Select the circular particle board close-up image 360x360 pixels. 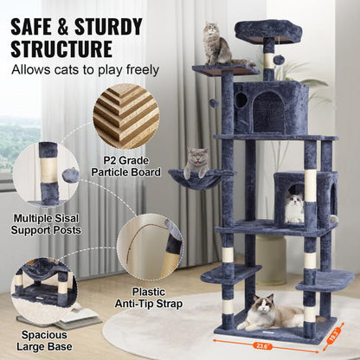point(126,115)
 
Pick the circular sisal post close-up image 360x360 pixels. point(47,174)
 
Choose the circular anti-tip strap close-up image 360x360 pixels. point(148,246)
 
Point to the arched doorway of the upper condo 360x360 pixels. point(268,112)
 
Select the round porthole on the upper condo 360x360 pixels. point(241,101)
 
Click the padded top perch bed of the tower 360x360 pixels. point(267,30)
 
